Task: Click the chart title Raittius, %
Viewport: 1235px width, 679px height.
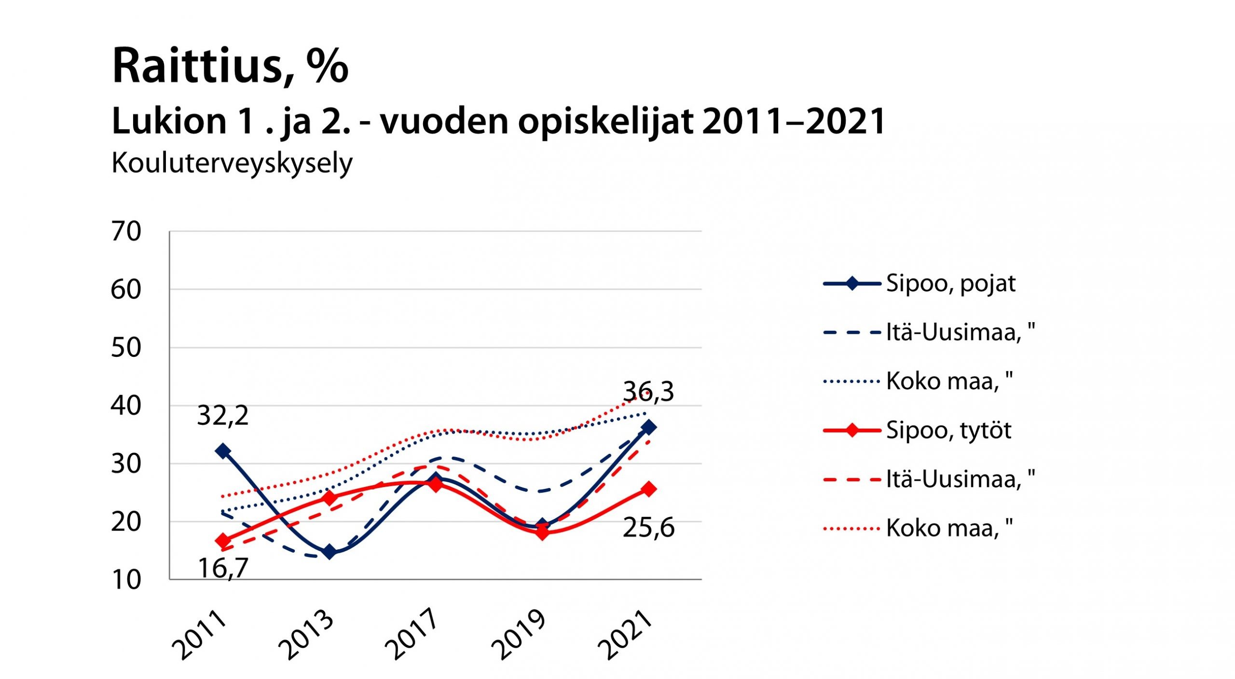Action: [x=230, y=67]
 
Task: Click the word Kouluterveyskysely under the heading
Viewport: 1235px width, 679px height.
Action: [x=232, y=163]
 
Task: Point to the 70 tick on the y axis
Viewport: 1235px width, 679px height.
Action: [x=126, y=231]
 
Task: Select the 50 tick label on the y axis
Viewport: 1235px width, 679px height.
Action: [x=126, y=348]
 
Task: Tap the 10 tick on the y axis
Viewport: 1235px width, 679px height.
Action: [x=126, y=580]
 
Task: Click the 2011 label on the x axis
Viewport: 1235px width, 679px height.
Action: [x=200, y=635]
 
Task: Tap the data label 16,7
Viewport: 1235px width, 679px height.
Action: [x=223, y=568]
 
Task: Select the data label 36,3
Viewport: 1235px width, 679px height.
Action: [x=648, y=392]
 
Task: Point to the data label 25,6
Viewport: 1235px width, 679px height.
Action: [x=648, y=528]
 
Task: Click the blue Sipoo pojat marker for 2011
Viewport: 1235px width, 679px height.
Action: [x=223, y=451]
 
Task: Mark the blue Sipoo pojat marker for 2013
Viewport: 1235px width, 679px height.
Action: [x=329, y=552]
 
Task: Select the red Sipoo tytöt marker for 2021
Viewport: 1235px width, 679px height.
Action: [x=649, y=489]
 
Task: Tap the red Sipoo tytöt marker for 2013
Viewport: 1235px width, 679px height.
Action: [x=329, y=497]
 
